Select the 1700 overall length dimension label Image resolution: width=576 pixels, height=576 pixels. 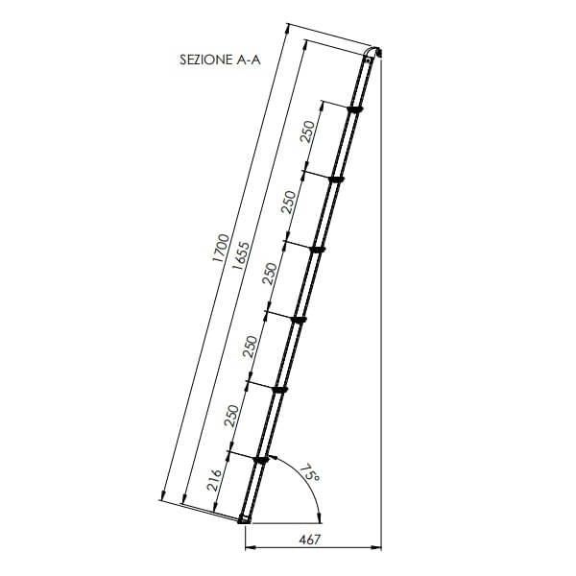pos(219,249)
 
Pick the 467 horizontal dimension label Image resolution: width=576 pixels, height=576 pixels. pos(309,540)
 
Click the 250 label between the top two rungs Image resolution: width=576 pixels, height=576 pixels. pos(306,132)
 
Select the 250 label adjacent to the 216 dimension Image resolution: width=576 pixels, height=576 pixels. pos(231,416)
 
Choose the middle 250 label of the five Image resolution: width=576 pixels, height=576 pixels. pos(270,274)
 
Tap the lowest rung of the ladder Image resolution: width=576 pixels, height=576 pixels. pos(260,461)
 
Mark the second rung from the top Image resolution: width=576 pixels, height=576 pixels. pos(337,180)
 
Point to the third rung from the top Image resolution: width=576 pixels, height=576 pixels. pos(319,250)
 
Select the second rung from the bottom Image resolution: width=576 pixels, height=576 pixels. pos(280,389)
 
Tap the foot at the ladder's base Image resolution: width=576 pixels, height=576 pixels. pos(244,519)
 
